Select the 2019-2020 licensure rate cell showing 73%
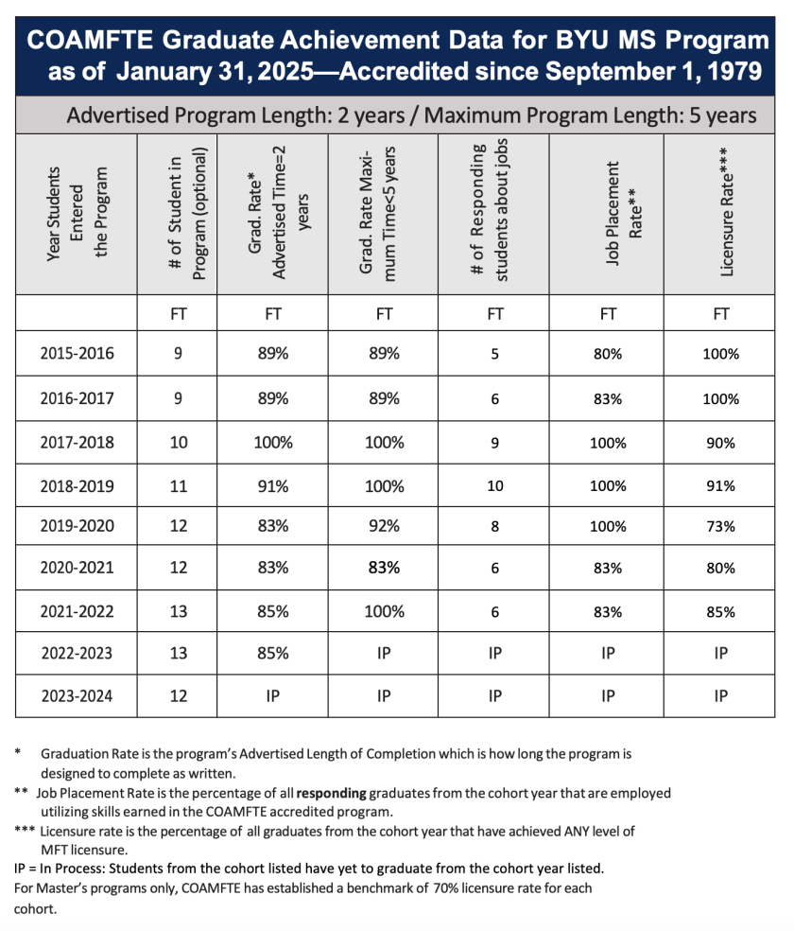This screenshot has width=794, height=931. coord(719,526)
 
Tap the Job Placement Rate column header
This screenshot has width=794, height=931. coord(609,217)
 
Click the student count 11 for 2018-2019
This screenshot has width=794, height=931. coord(178,486)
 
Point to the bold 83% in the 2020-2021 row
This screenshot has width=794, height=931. coord(384,568)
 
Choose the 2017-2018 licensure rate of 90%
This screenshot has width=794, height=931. coord(719,443)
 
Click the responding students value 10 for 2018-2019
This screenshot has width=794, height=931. coord(494,486)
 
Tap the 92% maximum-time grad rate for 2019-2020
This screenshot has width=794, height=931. coord(384,526)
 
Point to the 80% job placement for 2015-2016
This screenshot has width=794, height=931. coord(608,354)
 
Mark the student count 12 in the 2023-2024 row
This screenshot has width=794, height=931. coord(178,696)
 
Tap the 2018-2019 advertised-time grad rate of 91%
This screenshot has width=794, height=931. coord(273,486)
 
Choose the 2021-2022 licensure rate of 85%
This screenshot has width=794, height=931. coord(719,612)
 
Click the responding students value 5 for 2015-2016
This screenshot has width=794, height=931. coord(494,354)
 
